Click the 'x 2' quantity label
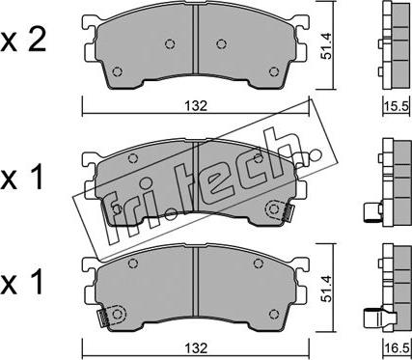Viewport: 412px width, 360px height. (23, 42)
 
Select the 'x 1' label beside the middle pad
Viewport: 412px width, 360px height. (22, 179)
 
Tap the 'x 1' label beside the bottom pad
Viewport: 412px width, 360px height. (22, 283)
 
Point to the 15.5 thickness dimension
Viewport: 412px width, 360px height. (397, 105)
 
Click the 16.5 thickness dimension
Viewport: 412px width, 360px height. (397, 347)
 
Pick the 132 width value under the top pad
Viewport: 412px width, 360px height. (196, 106)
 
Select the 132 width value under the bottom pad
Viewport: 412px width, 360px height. (196, 347)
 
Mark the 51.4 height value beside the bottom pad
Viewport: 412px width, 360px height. (326, 290)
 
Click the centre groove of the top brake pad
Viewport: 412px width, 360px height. (196, 40)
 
